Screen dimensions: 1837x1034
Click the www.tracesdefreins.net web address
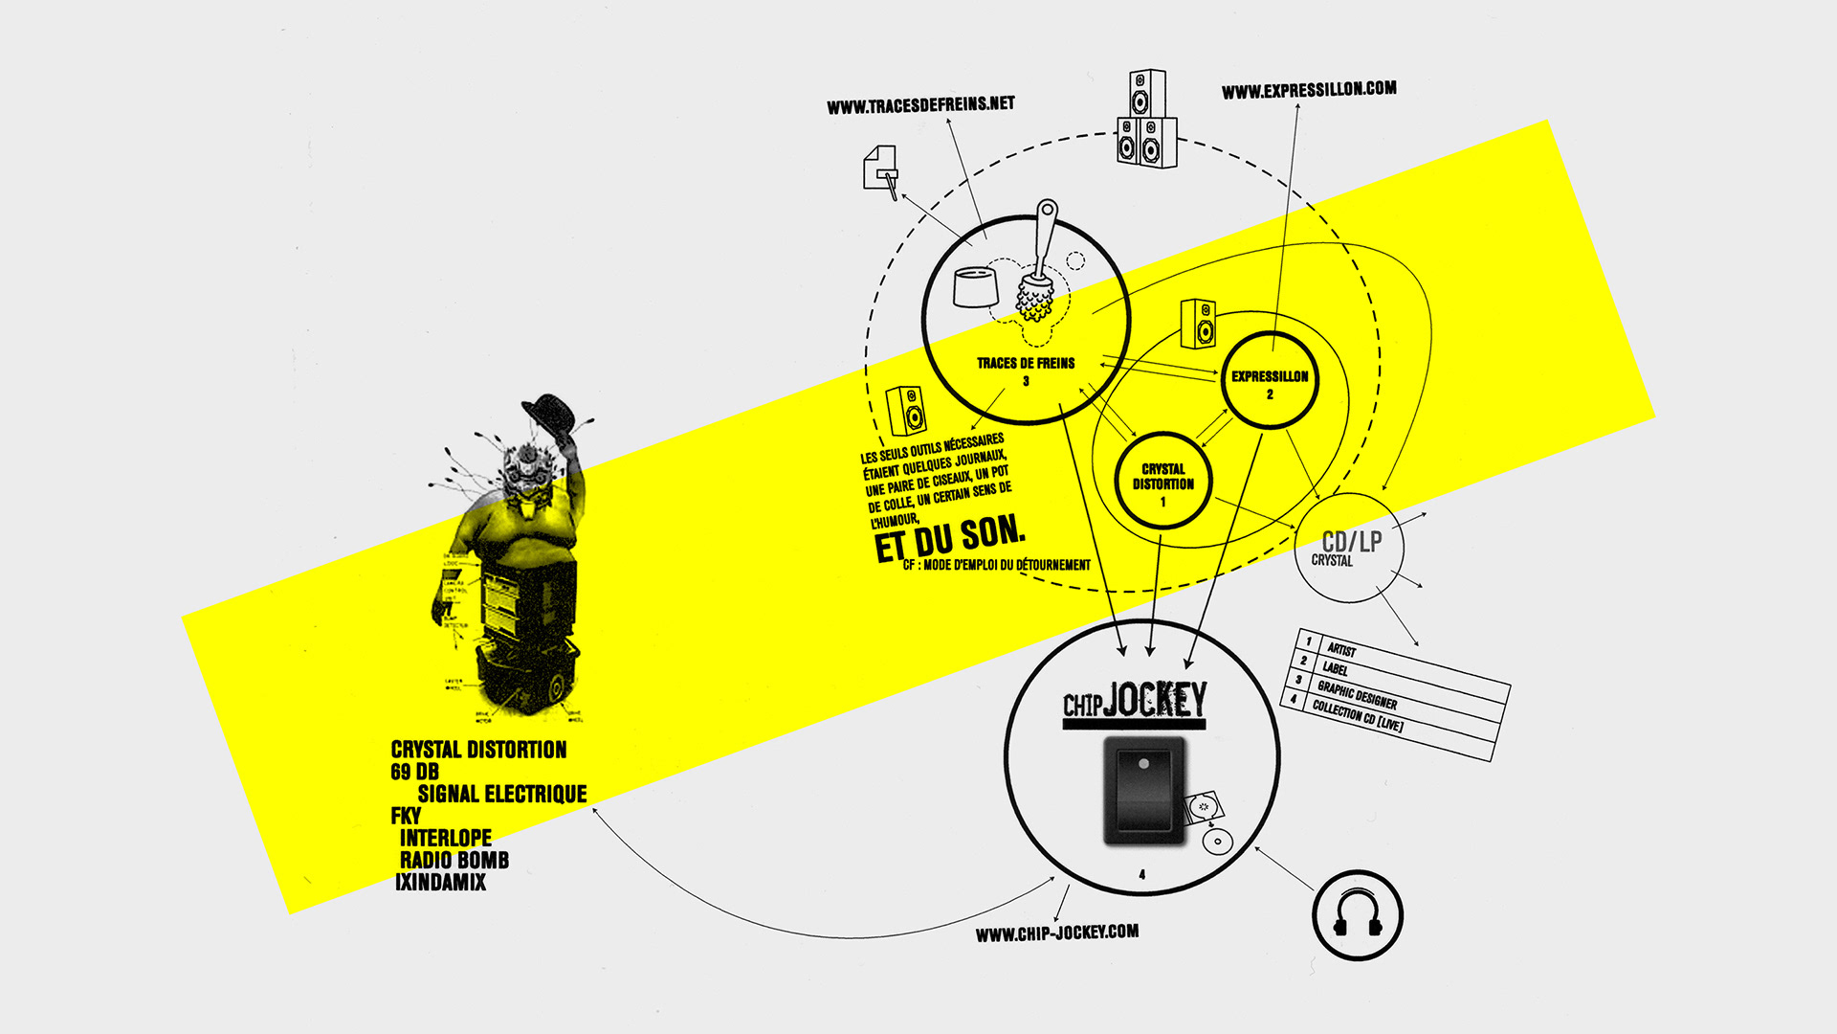[x=920, y=104]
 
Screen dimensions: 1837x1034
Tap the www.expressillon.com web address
[x=1308, y=90]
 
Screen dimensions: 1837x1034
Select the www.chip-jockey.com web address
[x=1056, y=933]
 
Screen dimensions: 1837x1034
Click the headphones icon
[x=1357, y=915]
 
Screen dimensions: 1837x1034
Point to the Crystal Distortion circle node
[x=1162, y=480]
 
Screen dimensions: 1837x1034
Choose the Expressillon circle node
[x=1270, y=380]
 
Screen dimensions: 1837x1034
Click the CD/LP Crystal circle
[x=1349, y=548]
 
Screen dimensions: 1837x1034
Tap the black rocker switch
[x=1143, y=791]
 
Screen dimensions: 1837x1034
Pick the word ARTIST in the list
[x=1341, y=649]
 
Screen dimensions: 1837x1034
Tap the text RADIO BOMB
[x=454, y=860]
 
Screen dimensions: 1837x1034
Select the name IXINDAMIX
[x=440, y=882]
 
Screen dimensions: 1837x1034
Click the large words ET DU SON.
[x=949, y=541]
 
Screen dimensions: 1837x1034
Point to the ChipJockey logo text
[x=1135, y=702]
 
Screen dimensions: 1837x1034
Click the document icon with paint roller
[x=881, y=169]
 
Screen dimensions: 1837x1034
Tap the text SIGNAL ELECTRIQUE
[x=501, y=794]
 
